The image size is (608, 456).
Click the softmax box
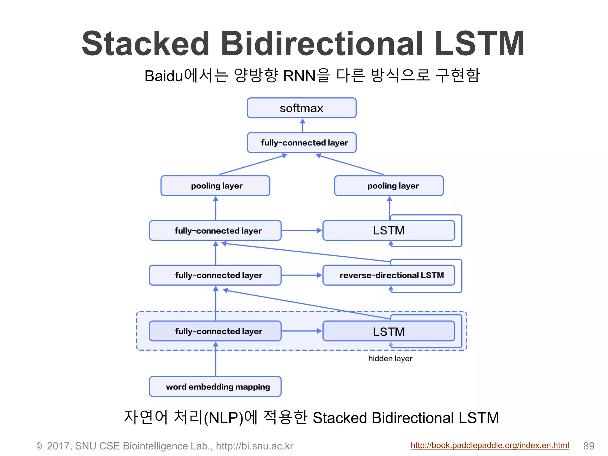click(301, 108)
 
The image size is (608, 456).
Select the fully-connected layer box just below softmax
click(301, 143)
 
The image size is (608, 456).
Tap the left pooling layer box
click(215, 186)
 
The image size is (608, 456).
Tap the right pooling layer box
click(389, 186)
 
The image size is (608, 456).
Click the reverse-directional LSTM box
click(389, 275)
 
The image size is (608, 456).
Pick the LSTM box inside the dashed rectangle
click(389, 331)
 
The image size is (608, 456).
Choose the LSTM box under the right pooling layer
click(389, 230)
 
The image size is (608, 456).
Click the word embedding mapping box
click(215, 387)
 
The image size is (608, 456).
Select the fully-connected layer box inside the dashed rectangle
click(215, 331)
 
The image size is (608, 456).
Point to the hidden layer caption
click(390, 359)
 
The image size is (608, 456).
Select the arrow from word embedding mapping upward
click(216, 359)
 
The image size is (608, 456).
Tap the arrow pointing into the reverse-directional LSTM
click(301, 275)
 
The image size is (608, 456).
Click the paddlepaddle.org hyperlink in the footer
click(490, 445)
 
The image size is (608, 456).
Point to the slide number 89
click(589, 446)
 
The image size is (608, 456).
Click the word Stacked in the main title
click(145, 44)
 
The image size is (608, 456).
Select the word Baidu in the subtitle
click(164, 76)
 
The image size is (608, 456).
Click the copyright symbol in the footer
click(39, 446)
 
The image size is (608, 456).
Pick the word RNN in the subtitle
click(299, 76)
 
